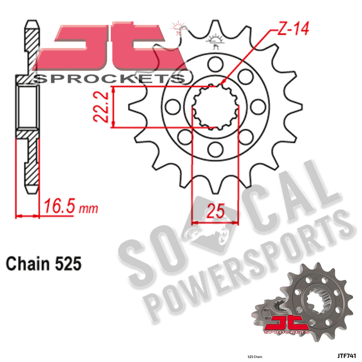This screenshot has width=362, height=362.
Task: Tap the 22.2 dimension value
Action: click(x=103, y=107)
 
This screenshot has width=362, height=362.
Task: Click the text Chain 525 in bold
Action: click(x=43, y=264)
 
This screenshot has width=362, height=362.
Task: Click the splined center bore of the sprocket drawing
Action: click(x=215, y=107)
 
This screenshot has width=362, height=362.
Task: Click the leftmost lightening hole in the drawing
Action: click(x=172, y=106)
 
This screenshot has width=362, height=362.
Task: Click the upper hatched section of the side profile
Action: click(x=32, y=47)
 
